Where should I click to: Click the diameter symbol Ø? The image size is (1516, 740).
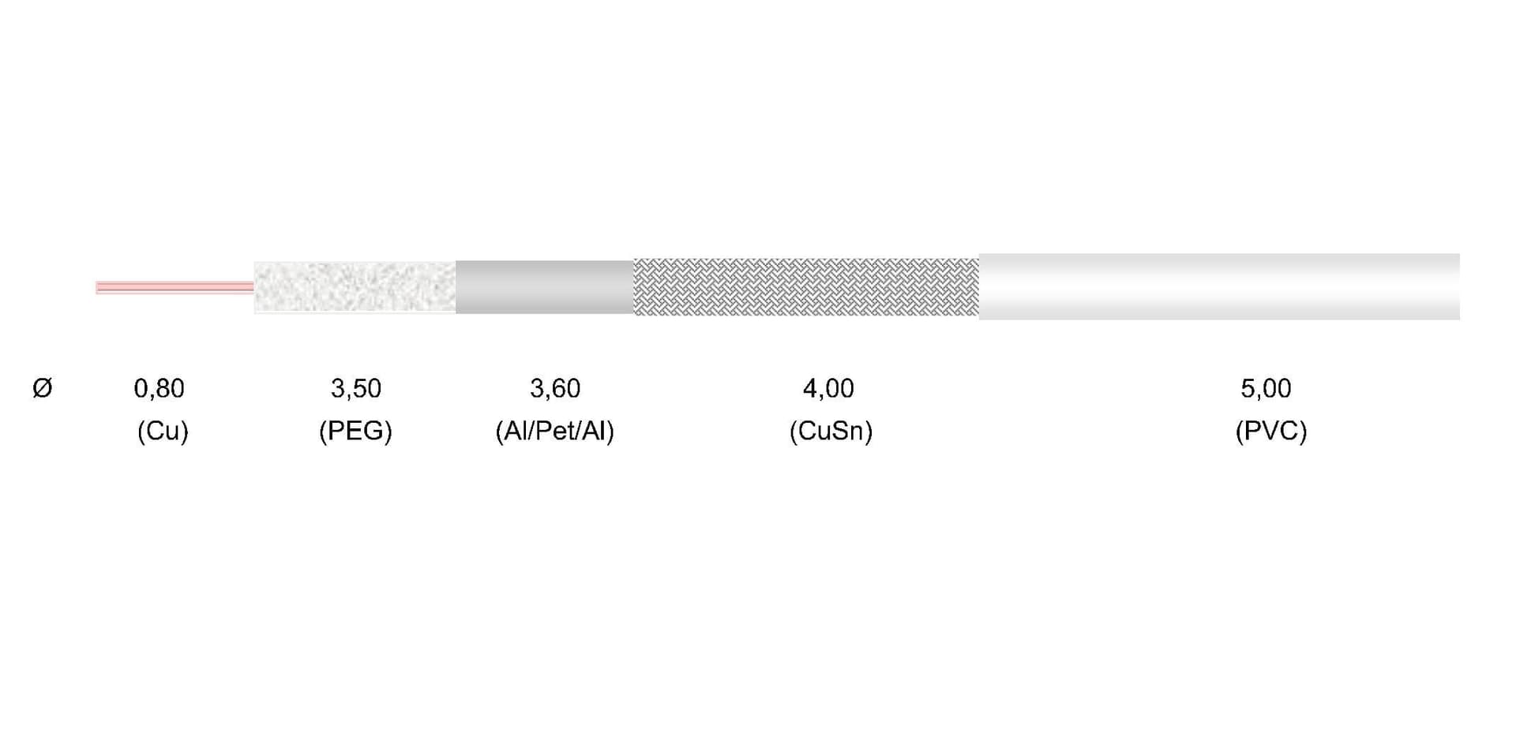[43, 388]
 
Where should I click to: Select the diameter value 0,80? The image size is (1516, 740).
[159, 388]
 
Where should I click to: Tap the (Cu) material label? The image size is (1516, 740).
[163, 431]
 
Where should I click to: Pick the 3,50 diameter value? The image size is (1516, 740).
[355, 388]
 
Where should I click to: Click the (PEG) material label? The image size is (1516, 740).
[355, 431]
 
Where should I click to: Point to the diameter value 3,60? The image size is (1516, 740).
[555, 388]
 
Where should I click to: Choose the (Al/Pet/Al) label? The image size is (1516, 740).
[554, 431]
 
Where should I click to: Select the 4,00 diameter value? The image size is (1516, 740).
[828, 388]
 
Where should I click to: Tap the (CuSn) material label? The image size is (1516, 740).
[831, 431]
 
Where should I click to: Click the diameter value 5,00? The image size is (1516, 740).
[1266, 388]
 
